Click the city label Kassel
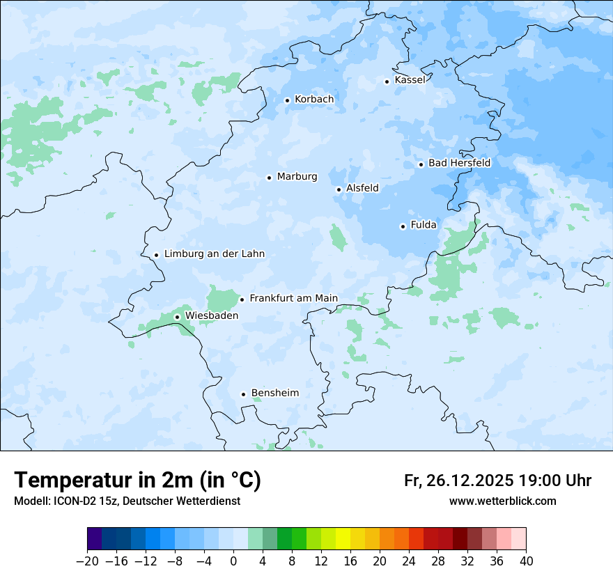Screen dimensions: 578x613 coord(410,80)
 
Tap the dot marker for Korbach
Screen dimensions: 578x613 coord(287,100)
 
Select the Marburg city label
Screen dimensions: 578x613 coord(297,177)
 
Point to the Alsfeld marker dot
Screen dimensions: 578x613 coord(339,189)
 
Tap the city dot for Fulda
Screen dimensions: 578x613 coord(403,226)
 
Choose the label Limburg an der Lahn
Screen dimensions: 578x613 coord(214,254)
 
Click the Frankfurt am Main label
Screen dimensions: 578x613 coord(293,299)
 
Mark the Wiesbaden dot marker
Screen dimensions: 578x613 coord(177,317)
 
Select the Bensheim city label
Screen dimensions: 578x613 coord(274,393)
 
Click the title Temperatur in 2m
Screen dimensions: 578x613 coord(137,480)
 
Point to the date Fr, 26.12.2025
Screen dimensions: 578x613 coord(458,481)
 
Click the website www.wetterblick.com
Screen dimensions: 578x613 coord(502,501)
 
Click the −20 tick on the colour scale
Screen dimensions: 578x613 coord(87,561)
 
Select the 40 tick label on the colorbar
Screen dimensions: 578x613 coord(526,561)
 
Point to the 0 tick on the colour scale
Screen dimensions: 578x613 coord(233,561)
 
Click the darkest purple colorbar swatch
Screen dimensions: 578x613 coord(95,539)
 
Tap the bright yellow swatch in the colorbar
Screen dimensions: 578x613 coord(343,539)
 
